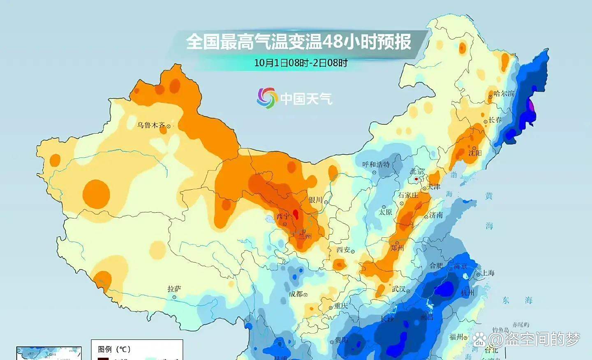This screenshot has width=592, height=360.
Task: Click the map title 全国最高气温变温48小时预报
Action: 298,42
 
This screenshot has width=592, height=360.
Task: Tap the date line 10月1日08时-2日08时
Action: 301,63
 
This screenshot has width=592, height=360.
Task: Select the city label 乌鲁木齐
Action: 151,125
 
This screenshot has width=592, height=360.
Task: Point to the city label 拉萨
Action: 174,289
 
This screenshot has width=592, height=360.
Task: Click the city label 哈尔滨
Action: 504,94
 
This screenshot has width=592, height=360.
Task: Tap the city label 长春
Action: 495,120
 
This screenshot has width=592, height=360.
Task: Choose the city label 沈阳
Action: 475,153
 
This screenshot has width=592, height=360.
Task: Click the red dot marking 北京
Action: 416,179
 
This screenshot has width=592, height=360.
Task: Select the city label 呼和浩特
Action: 376,165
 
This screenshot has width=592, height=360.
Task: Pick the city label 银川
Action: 315,200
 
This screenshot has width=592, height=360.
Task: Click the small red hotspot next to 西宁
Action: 295,214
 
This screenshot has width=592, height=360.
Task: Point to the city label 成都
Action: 296,294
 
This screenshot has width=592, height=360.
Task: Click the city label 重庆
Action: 341,306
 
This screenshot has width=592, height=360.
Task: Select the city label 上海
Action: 488,273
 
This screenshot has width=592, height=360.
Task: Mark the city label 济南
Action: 436,215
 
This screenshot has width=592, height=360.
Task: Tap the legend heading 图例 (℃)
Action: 114,349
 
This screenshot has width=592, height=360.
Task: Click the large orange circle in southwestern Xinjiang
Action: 96,193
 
